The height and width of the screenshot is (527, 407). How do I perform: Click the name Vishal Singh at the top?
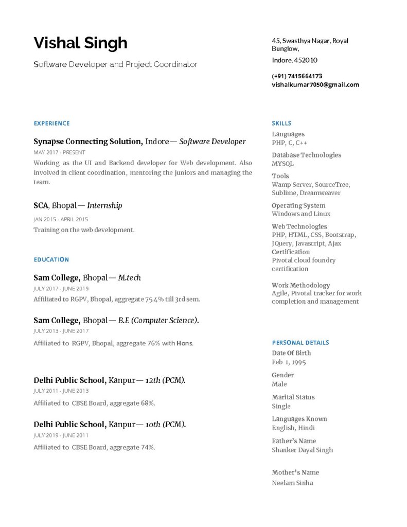click(80, 43)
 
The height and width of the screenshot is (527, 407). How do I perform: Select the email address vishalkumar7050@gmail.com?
click(315, 84)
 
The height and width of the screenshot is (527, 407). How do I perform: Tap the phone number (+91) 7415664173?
click(297, 76)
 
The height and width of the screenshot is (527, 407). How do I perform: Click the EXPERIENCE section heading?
click(51, 124)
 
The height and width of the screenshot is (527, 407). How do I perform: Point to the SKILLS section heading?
click(281, 124)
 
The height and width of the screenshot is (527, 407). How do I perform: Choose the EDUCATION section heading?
click(51, 260)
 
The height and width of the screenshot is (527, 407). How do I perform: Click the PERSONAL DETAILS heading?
click(300, 343)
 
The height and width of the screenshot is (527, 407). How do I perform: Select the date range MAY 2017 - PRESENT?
click(59, 152)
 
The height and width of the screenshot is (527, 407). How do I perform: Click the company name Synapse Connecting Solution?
click(87, 142)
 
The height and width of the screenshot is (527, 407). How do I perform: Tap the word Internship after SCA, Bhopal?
click(104, 206)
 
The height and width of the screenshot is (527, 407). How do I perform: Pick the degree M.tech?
click(129, 278)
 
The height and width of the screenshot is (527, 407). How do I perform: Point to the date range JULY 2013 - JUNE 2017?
click(61, 331)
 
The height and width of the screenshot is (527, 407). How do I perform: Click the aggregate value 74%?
click(148, 447)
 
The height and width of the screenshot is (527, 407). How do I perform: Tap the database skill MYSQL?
click(282, 164)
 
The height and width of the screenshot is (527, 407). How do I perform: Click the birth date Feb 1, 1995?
click(289, 362)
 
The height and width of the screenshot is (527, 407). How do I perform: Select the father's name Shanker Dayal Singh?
click(302, 450)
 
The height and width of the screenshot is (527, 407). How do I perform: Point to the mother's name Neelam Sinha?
click(292, 483)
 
